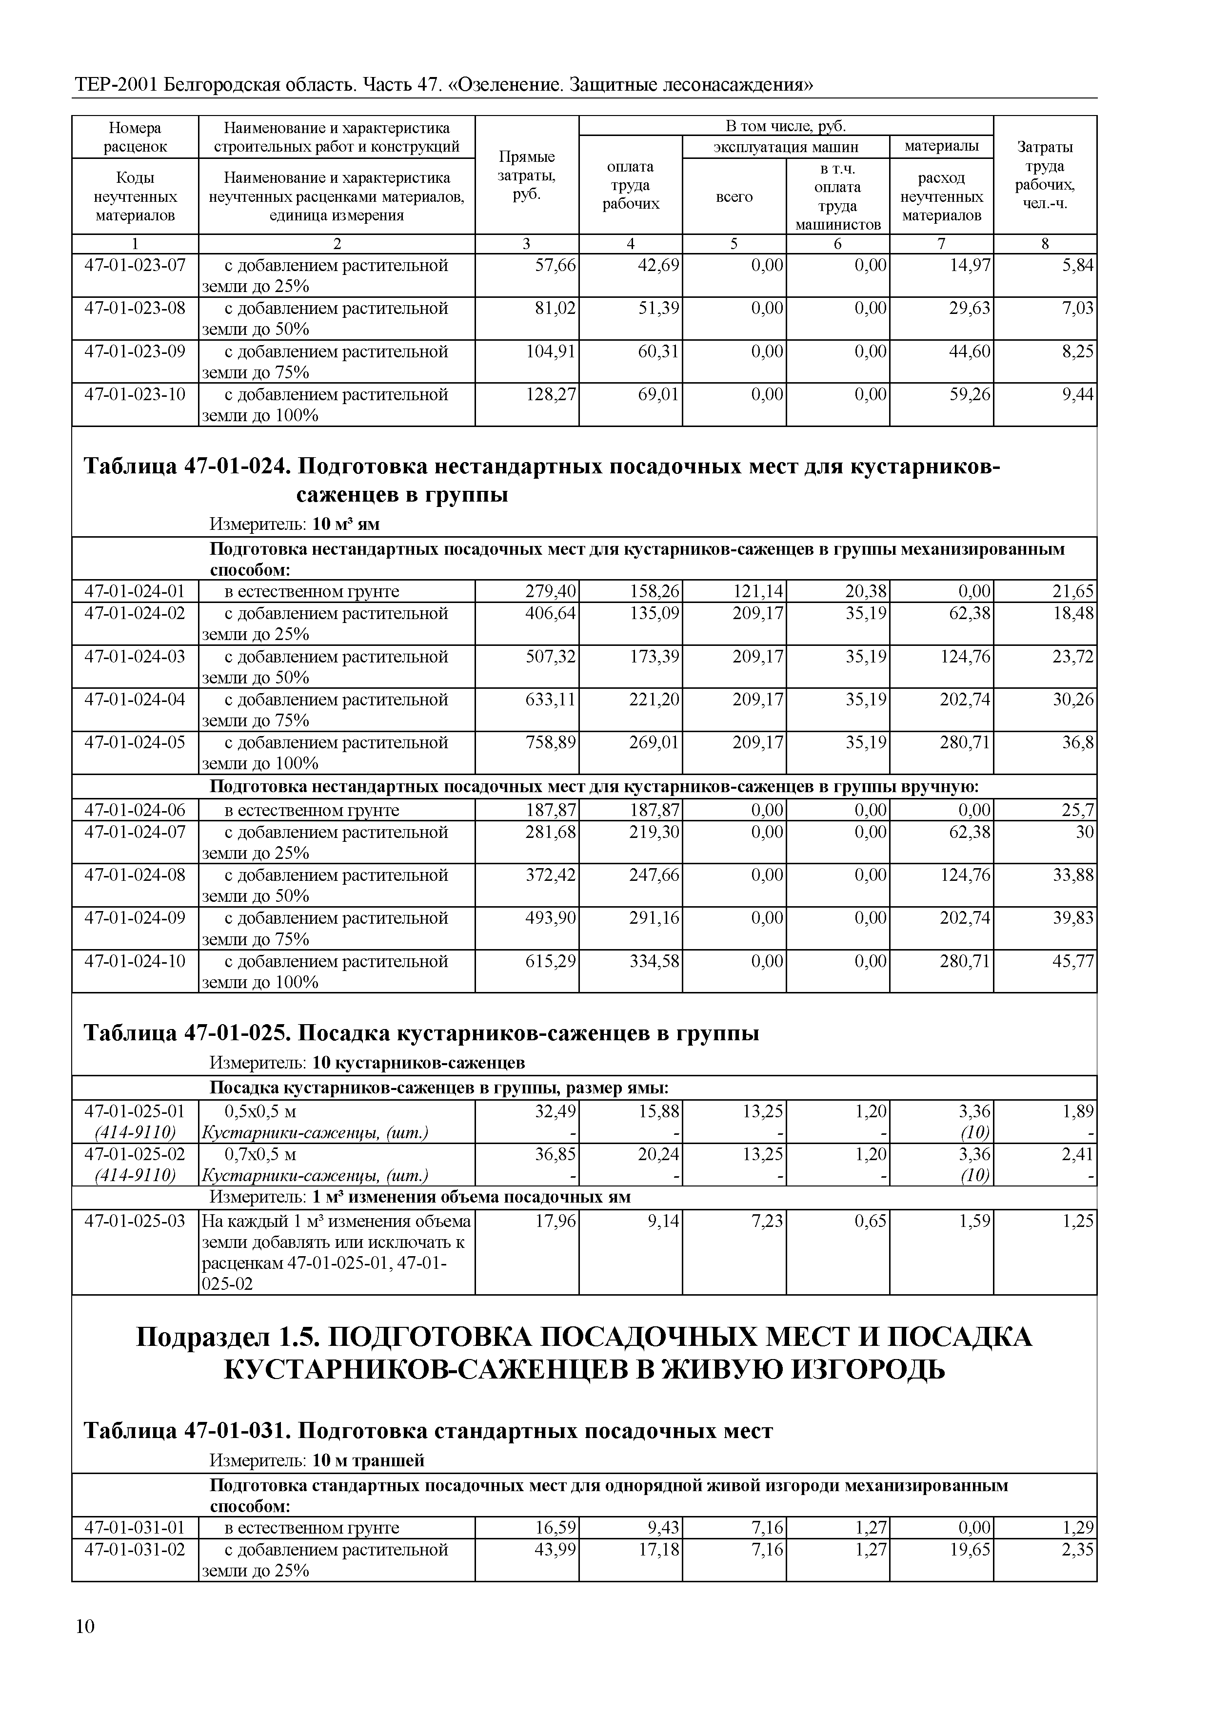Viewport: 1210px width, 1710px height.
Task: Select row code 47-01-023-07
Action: click(x=135, y=265)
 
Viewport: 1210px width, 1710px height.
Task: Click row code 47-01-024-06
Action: click(x=135, y=810)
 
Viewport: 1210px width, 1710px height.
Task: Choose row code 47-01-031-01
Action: click(x=135, y=1528)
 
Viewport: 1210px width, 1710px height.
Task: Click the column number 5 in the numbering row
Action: click(x=734, y=244)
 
